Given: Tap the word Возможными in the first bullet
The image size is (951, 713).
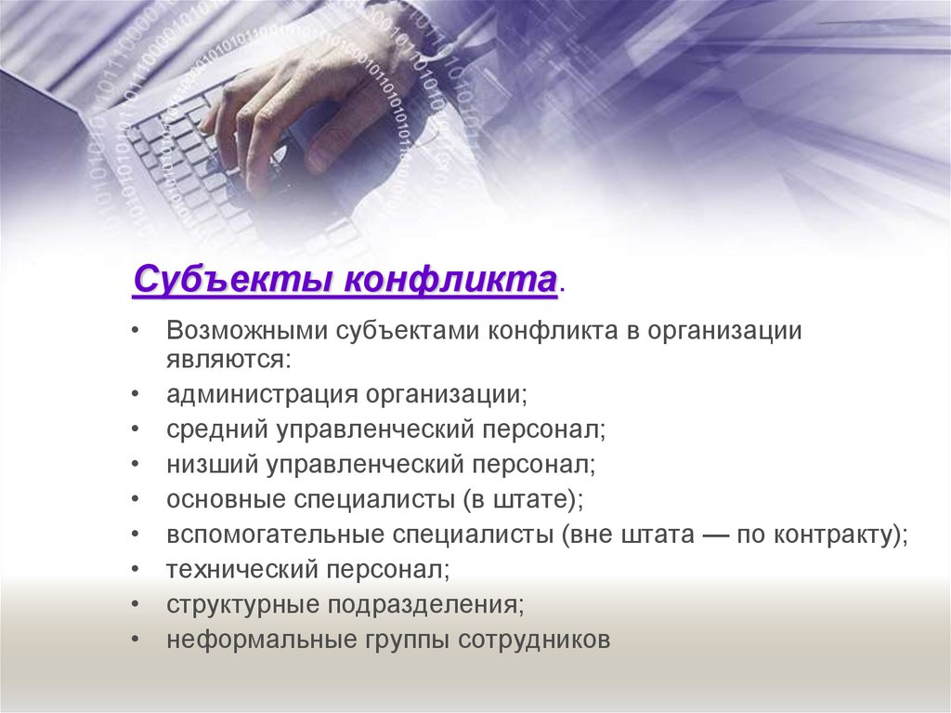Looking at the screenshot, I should (x=246, y=332).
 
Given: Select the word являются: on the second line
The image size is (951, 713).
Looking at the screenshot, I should (x=228, y=359).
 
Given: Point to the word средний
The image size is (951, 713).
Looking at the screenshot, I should (x=215, y=429).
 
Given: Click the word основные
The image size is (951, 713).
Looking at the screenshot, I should (x=224, y=499).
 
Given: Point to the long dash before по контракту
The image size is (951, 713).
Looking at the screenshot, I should (x=719, y=535).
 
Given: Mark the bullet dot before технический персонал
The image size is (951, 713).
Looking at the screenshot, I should (x=137, y=569).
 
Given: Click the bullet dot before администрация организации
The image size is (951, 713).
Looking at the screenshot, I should (x=137, y=393).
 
